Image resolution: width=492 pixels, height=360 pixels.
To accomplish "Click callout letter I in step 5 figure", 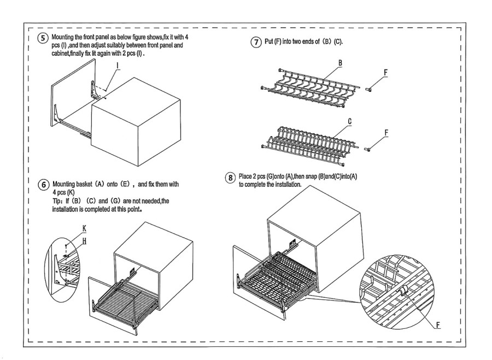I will pos(118,64).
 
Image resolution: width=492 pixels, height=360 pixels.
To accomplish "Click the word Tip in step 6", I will pos(58,201).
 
